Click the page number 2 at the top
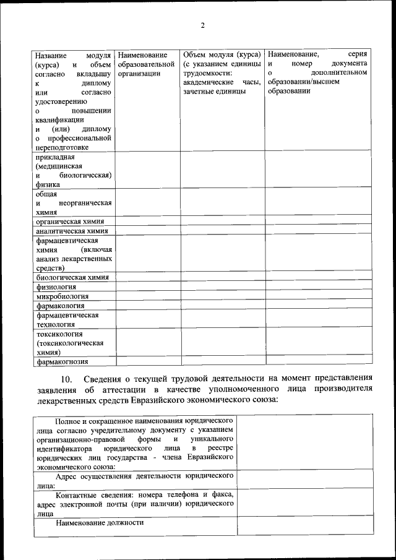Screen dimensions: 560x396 pos(202,25)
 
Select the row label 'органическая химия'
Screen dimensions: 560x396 pos(69,222)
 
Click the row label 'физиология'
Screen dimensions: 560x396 pos(56,286)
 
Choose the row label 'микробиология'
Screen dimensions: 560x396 pos(62,296)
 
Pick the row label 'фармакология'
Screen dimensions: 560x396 pos(60,306)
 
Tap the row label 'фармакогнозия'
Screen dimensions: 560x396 pos(62,362)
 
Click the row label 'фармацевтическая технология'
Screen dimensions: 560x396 pos(67,319)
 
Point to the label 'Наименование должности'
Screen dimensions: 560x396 pos(99,522)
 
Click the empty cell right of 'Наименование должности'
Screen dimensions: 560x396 pos(305,525)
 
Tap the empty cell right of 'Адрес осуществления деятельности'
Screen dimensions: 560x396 pos(305,480)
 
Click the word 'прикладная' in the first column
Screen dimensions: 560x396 pos(55,157)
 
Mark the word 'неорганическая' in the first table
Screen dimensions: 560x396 pos(85,202)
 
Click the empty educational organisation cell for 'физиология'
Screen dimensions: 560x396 pos(147,286)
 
